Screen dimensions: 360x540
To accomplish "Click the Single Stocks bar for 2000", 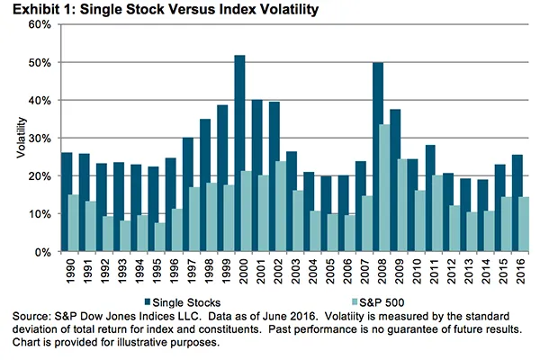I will pos(239,153).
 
